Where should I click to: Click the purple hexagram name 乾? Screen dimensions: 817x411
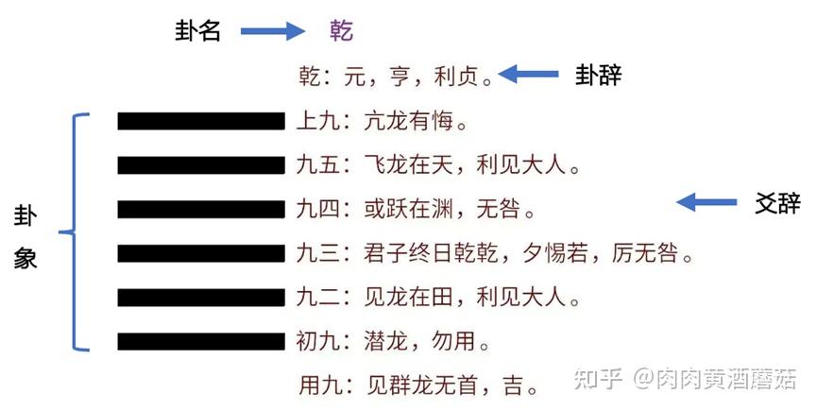[341, 31]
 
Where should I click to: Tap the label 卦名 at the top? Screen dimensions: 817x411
[196, 31]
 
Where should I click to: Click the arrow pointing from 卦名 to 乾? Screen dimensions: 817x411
[271, 31]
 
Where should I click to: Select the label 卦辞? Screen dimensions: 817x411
[598, 76]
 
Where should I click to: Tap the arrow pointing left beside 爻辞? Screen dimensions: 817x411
[707, 201]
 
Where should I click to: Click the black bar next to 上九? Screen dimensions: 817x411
[200, 121]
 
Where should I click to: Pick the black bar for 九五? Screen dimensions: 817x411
[200, 165]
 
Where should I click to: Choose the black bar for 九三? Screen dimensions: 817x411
[200, 253]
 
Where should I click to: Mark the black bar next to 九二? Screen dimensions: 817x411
[200, 298]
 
